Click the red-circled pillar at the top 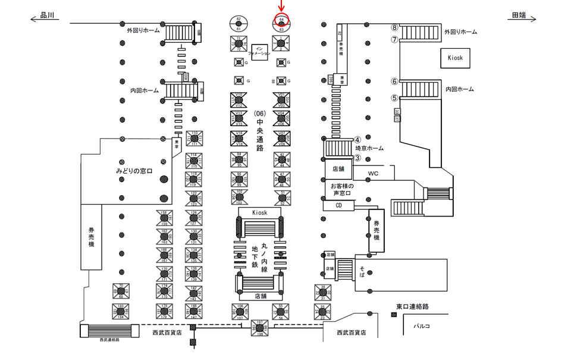pyautogui.click(x=281, y=21)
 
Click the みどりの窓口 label pyautogui.click(x=134, y=171)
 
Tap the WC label pyautogui.click(x=373, y=174)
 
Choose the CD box pyautogui.click(x=339, y=205)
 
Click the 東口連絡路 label pyautogui.click(x=413, y=306)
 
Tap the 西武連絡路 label pyautogui.click(x=109, y=339)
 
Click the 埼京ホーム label pyautogui.click(x=369, y=148)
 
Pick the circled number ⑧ pyautogui.click(x=394, y=27)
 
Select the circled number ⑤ pyautogui.click(x=394, y=98)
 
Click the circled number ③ pyautogui.click(x=357, y=158)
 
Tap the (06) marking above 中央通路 pyautogui.click(x=259, y=113)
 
